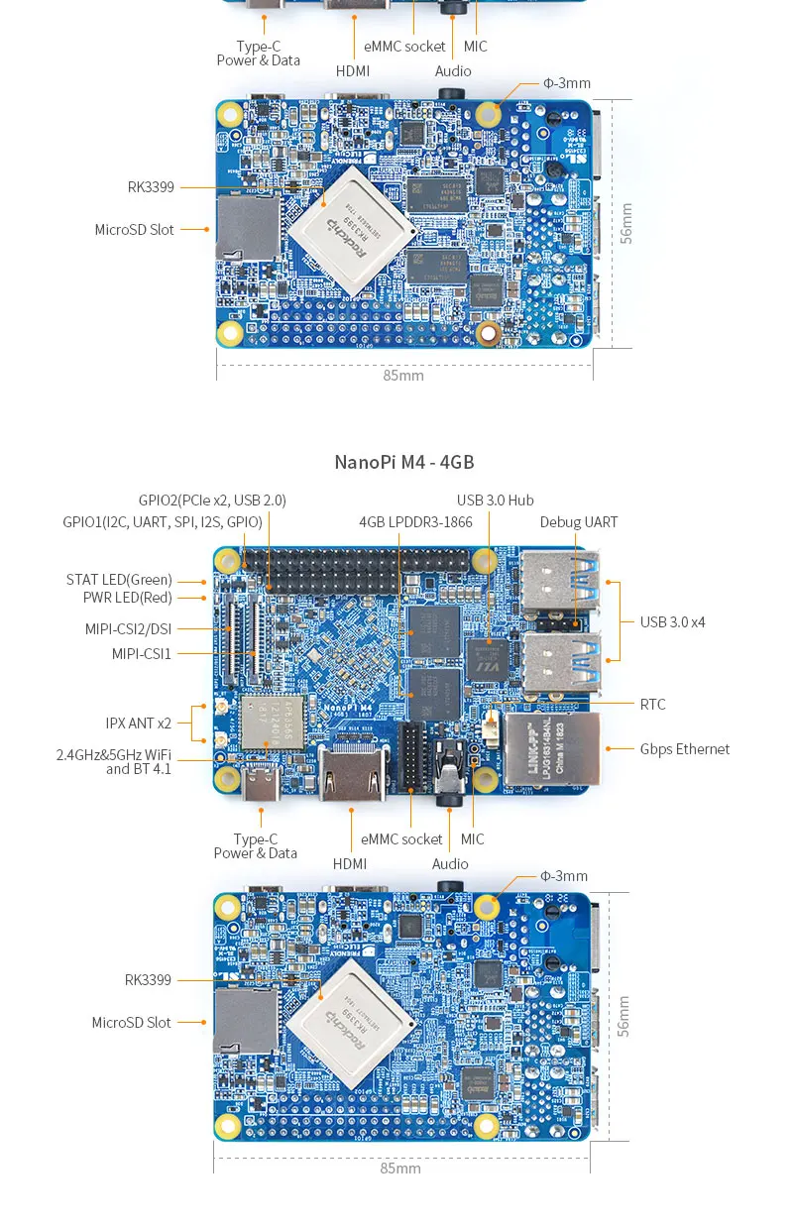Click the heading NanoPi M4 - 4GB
tap(404, 462)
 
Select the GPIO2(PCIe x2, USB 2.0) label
tap(212, 500)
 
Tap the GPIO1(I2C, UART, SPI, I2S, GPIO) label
tap(163, 521)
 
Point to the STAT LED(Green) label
tap(119, 580)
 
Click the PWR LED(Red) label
tap(127, 598)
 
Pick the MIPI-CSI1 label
tap(141, 654)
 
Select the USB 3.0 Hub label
tap(496, 500)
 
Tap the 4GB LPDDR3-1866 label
tap(416, 521)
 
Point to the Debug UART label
tap(579, 522)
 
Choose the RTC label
tap(653, 705)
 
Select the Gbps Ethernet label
tap(685, 749)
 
